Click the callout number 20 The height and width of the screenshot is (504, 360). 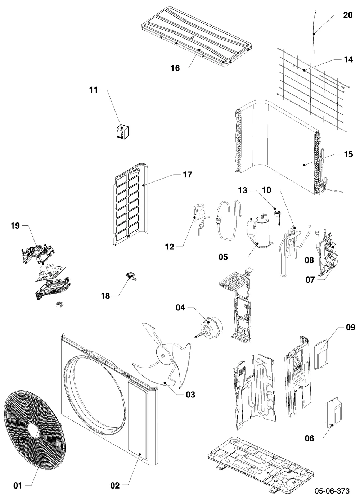[x=348, y=15]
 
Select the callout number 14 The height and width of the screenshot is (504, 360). [x=348, y=59]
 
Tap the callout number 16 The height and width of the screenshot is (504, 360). [x=175, y=68]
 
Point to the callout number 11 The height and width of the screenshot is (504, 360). [x=93, y=90]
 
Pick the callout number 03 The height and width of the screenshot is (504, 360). [x=190, y=395]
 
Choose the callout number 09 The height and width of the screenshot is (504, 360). [x=350, y=327]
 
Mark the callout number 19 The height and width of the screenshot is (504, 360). [x=15, y=226]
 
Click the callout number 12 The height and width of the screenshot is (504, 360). [x=170, y=247]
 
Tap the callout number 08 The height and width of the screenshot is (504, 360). [x=309, y=260]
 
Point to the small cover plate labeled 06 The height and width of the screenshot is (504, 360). [x=334, y=414]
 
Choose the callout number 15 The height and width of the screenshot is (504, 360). [x=348, y=154]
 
